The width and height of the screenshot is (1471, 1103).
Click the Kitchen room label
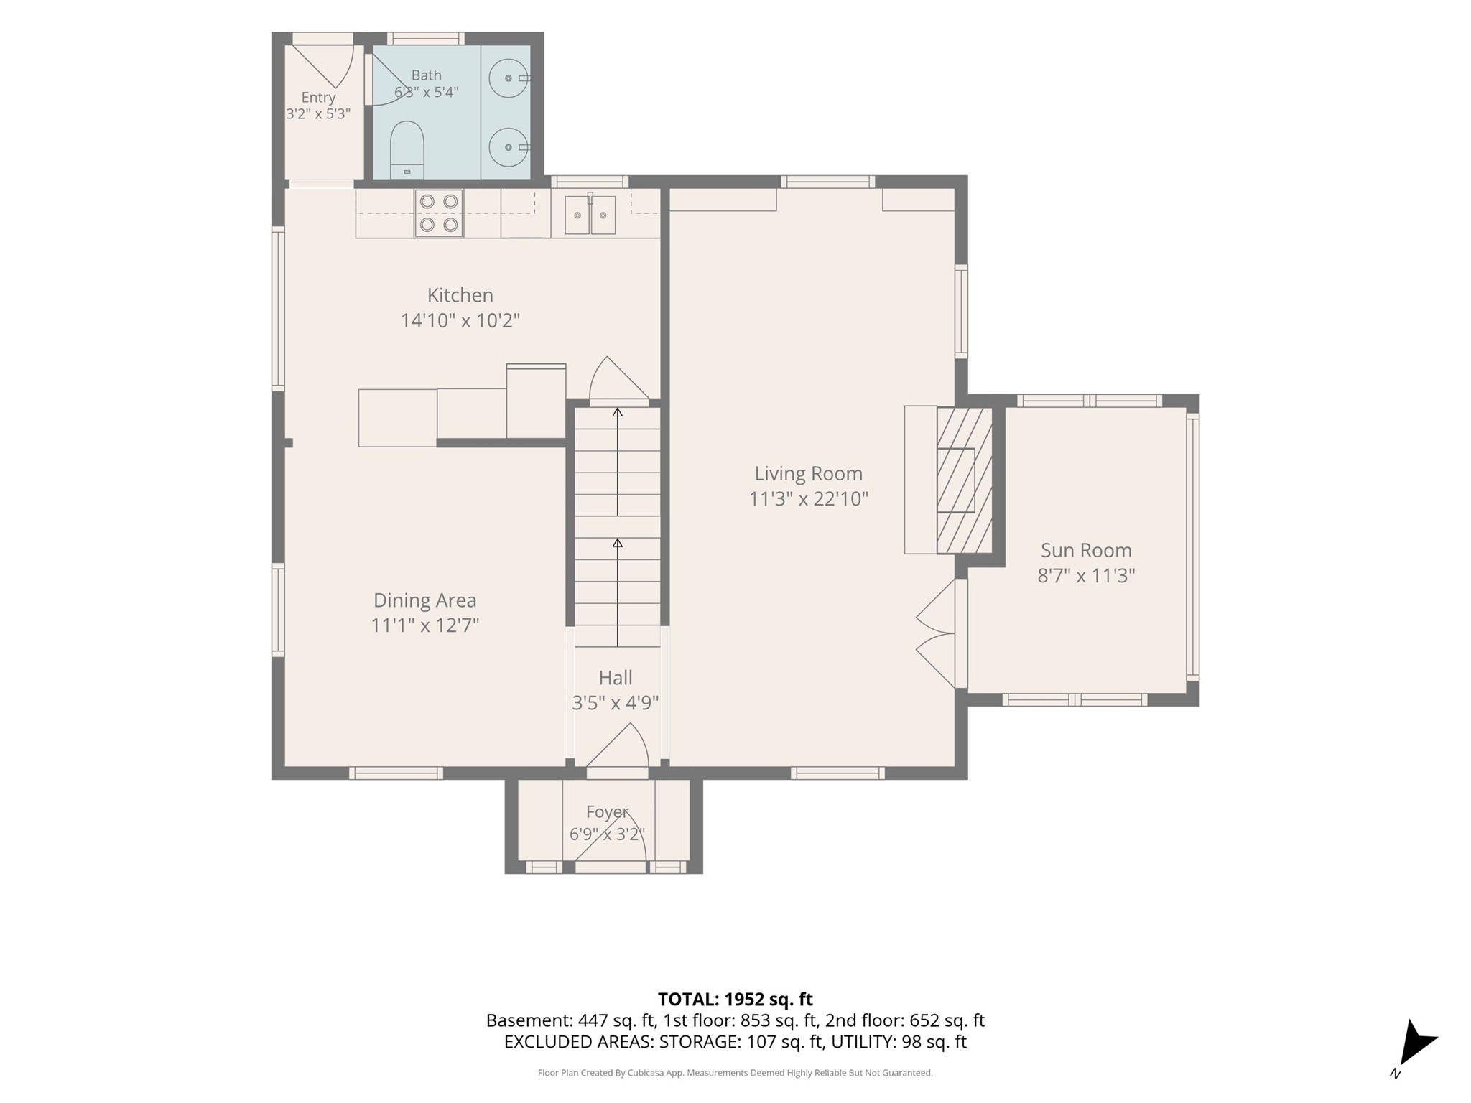point(460,295)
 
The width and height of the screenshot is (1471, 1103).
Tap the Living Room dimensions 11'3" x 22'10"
point(809,498)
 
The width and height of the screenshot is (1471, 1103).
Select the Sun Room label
point(1086,551)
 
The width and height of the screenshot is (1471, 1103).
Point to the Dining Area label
point(424,600)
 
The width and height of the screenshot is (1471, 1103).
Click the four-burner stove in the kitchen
point(438,213)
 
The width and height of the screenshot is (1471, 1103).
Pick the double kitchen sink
point(590,215)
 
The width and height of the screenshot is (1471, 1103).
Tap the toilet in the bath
point(407,150)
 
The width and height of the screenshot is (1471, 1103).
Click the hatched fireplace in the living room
point(965,480)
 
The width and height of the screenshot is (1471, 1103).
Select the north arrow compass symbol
point(1414,1048)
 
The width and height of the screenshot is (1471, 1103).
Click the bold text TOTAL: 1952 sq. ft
point(735,999)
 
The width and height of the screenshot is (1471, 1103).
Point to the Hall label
point(616,678)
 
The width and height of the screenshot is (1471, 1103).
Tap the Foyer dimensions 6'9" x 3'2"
point(607,834)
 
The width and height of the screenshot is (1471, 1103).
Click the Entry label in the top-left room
point(318,98)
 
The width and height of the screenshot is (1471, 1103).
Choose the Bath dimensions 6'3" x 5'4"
point(426,92)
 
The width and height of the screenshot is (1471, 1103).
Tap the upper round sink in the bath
point(509,78)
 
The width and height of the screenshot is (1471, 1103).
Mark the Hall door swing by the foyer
point(618,747)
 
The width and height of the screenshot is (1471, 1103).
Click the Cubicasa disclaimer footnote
point(735,1073)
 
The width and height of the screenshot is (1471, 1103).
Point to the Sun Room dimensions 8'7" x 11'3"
point(1086,576)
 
